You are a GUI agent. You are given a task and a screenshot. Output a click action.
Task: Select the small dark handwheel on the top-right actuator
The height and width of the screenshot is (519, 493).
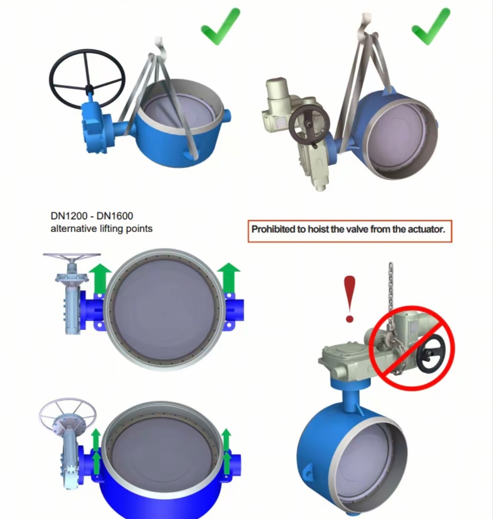click(x=309, y=125)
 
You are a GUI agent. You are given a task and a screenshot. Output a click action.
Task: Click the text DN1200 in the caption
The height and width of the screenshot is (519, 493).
click(x=69, y=216)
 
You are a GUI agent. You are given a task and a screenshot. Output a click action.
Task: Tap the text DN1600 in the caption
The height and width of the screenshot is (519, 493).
click(x=115, y=216)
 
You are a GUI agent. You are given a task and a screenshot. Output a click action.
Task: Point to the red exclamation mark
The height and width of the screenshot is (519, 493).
click(x=350, y=299)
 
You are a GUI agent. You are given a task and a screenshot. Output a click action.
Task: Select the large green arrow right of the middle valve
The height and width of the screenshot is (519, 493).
click(x=229, y=278)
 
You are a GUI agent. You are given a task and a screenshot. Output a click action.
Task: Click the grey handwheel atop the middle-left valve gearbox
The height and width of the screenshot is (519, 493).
click(x=72, y=256)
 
